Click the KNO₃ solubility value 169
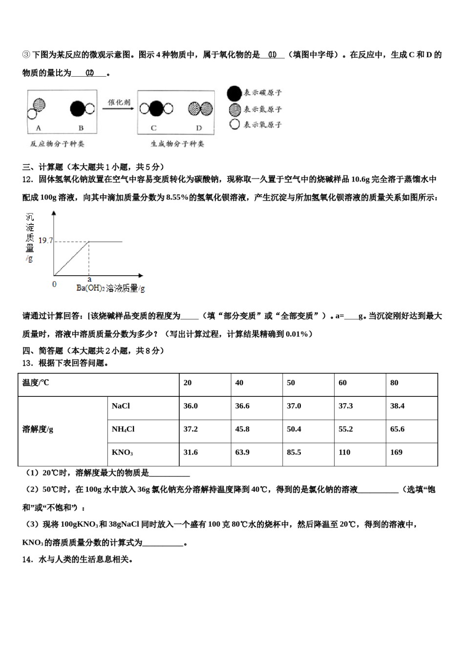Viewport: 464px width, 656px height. (x=396, y=452)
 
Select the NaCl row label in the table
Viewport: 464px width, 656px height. (x=121, y=406)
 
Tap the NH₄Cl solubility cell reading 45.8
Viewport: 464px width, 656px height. (x=242, y=429)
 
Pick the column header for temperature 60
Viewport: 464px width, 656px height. (x=342, y=383)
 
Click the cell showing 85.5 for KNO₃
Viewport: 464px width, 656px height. (x=294, y=452)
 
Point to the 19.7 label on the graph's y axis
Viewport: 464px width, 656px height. (x=45, y=241)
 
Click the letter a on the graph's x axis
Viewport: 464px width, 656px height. (x=89, y=279)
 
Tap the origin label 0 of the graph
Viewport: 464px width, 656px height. (x=54, y=284)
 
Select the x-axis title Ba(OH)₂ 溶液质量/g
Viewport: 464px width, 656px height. (x=110, y=288)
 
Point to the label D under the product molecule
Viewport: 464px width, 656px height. (x=199, y=128)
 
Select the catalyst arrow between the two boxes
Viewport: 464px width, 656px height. (x=118, y=108)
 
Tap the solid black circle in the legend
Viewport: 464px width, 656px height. (x=234, y=93)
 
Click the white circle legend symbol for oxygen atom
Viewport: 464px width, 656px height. (x=234, y=124)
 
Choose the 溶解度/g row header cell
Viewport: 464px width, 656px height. (x=38, y=430)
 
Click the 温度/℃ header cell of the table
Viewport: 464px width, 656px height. (x=36, y=383)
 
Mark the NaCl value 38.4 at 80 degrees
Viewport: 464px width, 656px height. (x=397, y=406)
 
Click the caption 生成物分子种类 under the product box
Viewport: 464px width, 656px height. (x=177, y=144)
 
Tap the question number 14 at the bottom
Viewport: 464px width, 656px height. (x=27, y=559)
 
